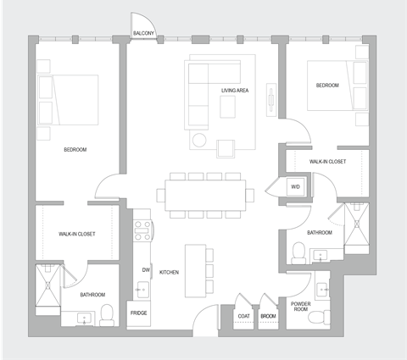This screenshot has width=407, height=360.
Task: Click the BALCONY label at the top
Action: [x=143, y=34]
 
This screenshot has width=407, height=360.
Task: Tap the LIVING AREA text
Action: [x=235, y=90]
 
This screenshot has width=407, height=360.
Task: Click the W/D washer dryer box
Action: [x=296, y=186]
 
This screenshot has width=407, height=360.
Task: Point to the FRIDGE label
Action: [x=140, y=313]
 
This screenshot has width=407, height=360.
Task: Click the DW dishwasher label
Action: [x=146, y=270]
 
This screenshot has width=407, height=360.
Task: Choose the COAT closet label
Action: [x=244, y=317]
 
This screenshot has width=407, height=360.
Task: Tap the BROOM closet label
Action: [x=269, y=317]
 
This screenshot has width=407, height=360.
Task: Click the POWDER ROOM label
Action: [x=301, y=306]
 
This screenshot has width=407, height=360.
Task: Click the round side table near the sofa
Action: [x=200, y=141]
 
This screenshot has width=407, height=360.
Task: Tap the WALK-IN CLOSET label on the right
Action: [x=326, y=161]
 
